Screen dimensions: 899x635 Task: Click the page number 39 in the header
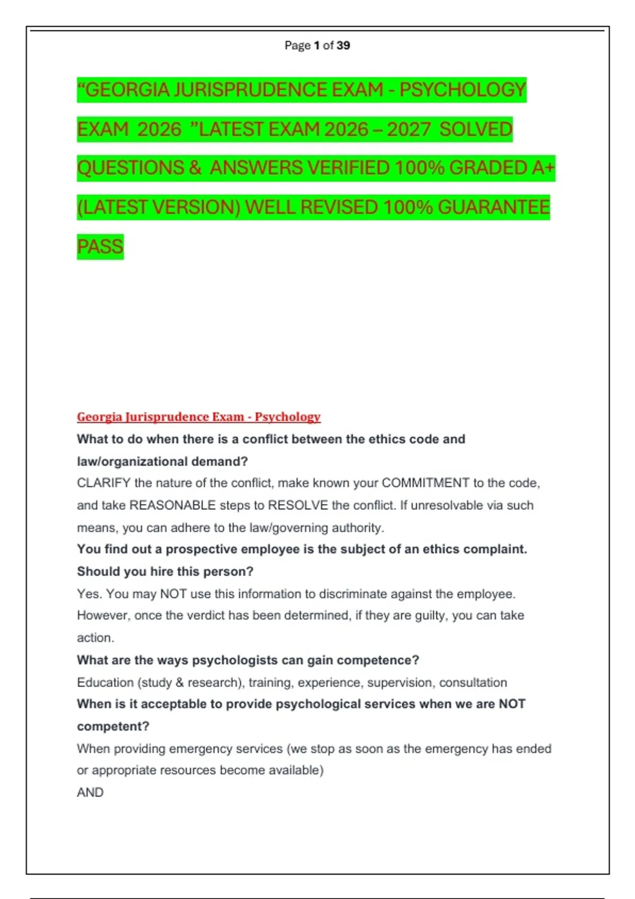tap(343, 45)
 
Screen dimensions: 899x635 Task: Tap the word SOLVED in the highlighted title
tap(476, 130)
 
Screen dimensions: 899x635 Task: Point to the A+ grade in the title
tap(543, 168)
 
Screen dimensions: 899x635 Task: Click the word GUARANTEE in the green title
tap(494, 207)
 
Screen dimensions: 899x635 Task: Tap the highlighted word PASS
tap(100, 247)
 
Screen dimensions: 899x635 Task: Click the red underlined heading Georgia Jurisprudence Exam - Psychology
tap(198, 417)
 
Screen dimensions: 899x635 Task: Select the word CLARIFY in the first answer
tap(103, 483)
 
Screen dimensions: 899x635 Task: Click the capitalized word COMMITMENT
tap(425, 483)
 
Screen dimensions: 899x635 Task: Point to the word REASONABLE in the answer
tap(173, 505)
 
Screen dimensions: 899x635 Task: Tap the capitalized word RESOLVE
tap(298, 505)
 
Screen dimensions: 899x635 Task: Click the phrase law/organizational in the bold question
tap(132, 461)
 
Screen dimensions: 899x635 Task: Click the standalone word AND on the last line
tap(90, 792)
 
